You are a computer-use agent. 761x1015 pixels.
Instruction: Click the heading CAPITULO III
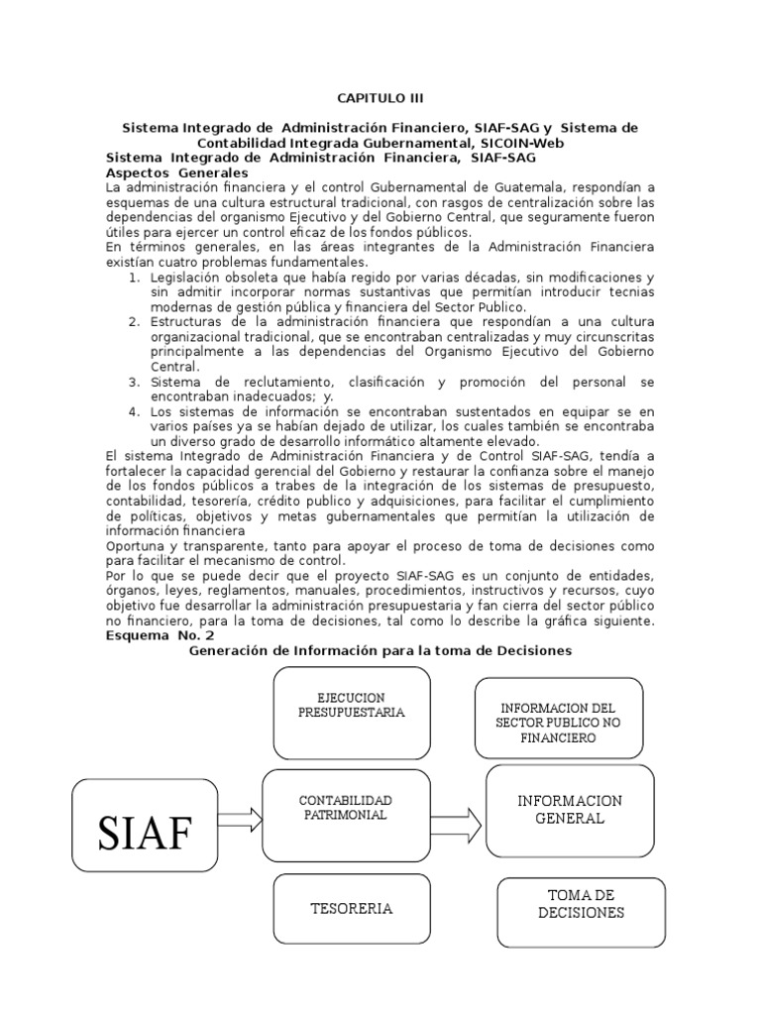(x=380, y=98)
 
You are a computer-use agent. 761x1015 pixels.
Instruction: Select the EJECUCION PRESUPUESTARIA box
(x=351, y=711)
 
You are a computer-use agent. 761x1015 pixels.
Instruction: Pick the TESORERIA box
(x=352, y=908)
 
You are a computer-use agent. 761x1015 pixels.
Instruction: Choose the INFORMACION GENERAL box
(x=569, y=810)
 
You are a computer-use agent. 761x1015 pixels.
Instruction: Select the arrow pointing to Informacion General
(x=457, y=822)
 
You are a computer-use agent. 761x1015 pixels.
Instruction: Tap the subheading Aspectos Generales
(x=176, y=171)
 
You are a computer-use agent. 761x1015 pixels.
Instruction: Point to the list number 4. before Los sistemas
(x=135, y=410)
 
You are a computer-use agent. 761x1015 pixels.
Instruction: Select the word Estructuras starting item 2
(x=187, y=321)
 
